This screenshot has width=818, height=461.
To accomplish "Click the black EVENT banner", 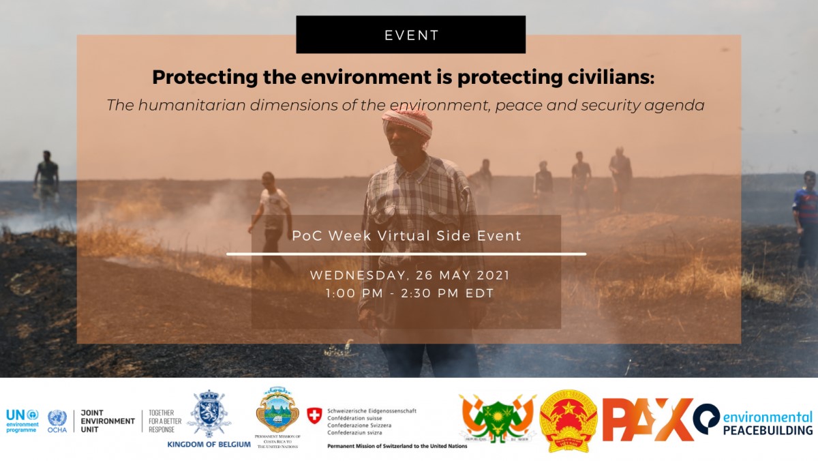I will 410,35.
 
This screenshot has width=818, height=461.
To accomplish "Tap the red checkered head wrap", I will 407,122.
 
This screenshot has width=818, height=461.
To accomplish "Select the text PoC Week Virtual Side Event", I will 406,236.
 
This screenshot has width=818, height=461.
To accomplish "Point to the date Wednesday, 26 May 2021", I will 410,276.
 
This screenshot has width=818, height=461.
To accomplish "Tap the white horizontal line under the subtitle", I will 406,254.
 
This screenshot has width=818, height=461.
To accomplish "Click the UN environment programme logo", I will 22,420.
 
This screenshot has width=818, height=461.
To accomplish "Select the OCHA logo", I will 57,422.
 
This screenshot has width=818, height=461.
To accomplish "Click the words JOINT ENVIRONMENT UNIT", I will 107,421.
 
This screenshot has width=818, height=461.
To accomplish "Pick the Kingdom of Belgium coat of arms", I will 209,414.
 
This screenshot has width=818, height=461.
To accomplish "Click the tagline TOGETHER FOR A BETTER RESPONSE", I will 162,421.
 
